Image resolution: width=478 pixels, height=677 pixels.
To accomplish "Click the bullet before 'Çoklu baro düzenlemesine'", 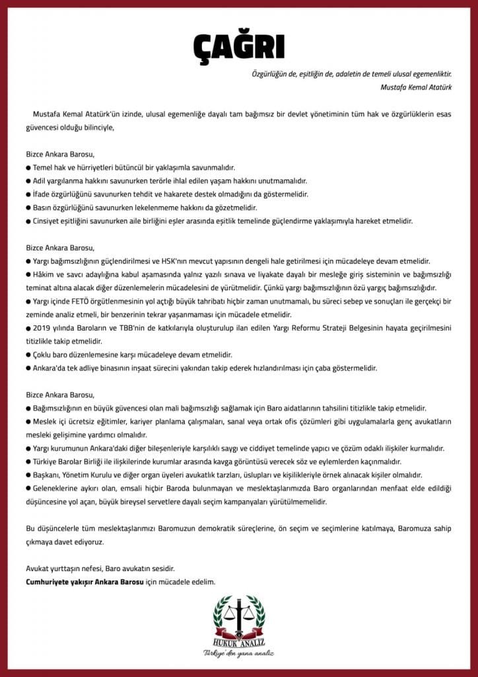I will (28, 354).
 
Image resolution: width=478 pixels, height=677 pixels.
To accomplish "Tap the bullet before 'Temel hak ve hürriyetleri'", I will (28, 168).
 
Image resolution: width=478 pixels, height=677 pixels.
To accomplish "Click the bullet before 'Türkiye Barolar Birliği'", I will (28, 461).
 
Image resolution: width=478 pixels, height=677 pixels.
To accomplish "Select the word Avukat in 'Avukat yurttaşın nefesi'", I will (38, 569).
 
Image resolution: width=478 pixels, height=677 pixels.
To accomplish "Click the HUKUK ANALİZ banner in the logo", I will (238, 641).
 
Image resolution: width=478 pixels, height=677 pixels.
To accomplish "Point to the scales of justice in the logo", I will (238, 618).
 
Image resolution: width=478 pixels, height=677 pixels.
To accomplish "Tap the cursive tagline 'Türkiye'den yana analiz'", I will (238, 654).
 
